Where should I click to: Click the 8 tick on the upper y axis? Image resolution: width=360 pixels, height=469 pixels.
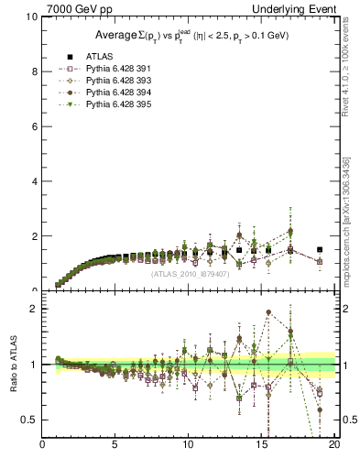point(34,71)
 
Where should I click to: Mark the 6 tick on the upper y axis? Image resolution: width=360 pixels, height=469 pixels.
point(34,126)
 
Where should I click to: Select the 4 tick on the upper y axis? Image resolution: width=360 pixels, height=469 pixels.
point(34,181)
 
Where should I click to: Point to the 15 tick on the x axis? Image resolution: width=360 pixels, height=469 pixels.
point(260,446)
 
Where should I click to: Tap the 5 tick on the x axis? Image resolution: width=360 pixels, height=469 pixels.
point(115,446)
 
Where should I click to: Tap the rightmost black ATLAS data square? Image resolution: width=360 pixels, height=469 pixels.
point(319,249)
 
